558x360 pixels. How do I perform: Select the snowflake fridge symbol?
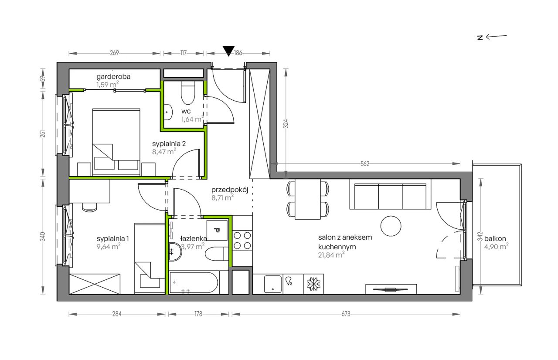coord(313,284)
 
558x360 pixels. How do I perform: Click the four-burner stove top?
coord(242,241)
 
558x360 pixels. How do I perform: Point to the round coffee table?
coord(391,226)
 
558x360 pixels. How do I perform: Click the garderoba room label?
coord(113,76)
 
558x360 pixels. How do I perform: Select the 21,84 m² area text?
coord(331,255)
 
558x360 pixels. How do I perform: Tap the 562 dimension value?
coord(365,164)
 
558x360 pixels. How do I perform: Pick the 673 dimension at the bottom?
coord(346,314)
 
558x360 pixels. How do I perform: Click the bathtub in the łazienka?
coord(194,282)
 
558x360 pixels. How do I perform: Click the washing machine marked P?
coord(217,230)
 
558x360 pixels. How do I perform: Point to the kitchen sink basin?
coord(273,284)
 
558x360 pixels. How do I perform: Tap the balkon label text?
coord(495,238)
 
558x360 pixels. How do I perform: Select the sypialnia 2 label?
coord(169,144)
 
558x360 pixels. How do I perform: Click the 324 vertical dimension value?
coord(286,124)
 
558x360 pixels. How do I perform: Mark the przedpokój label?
coord(230,190)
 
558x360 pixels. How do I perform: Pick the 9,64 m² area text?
coord(109,247)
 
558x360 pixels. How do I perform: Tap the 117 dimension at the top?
coord(184,53)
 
